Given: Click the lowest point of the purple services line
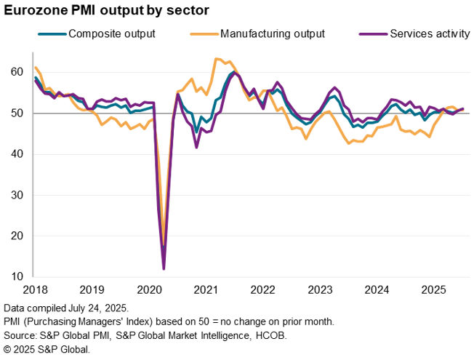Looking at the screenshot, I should [x=164, y=269].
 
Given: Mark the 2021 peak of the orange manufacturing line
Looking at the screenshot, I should [x=217, y=59].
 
